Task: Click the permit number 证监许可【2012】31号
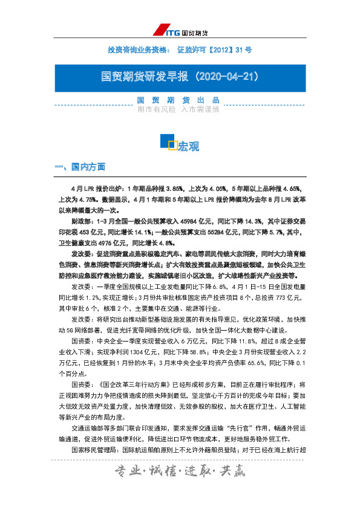coord(214,49)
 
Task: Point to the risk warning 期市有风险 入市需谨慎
coord(178,110)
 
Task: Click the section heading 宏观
coord(188,146)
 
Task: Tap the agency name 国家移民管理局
coord(94,449)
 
